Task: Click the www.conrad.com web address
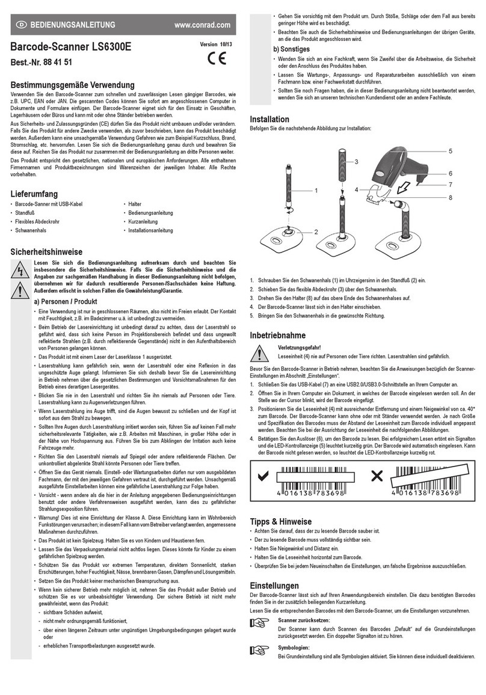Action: coord(201,25)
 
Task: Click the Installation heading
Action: coord(269,119)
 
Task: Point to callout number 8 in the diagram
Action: coord(467,197)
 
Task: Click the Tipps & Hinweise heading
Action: coord(280,521)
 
